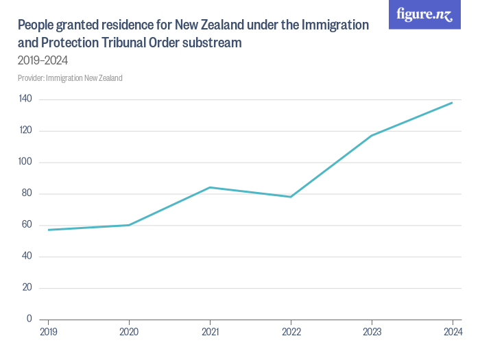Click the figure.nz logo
[424, 14]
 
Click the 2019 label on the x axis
[49, 333]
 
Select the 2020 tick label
[129, 333]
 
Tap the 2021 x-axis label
[210, 333]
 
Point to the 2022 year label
[291, 333]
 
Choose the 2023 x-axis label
[372, 333]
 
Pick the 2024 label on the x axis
[452, 333]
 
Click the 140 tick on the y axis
[25, 99]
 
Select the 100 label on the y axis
[25, 163]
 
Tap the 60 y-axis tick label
[27, 225]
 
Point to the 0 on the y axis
[29, 319]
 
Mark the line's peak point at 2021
[210, 187]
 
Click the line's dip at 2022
[291, 197]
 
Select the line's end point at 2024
[452, 103]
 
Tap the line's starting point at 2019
[49, 230]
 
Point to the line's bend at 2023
[372, 136]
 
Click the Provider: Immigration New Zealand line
[70, 78]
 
